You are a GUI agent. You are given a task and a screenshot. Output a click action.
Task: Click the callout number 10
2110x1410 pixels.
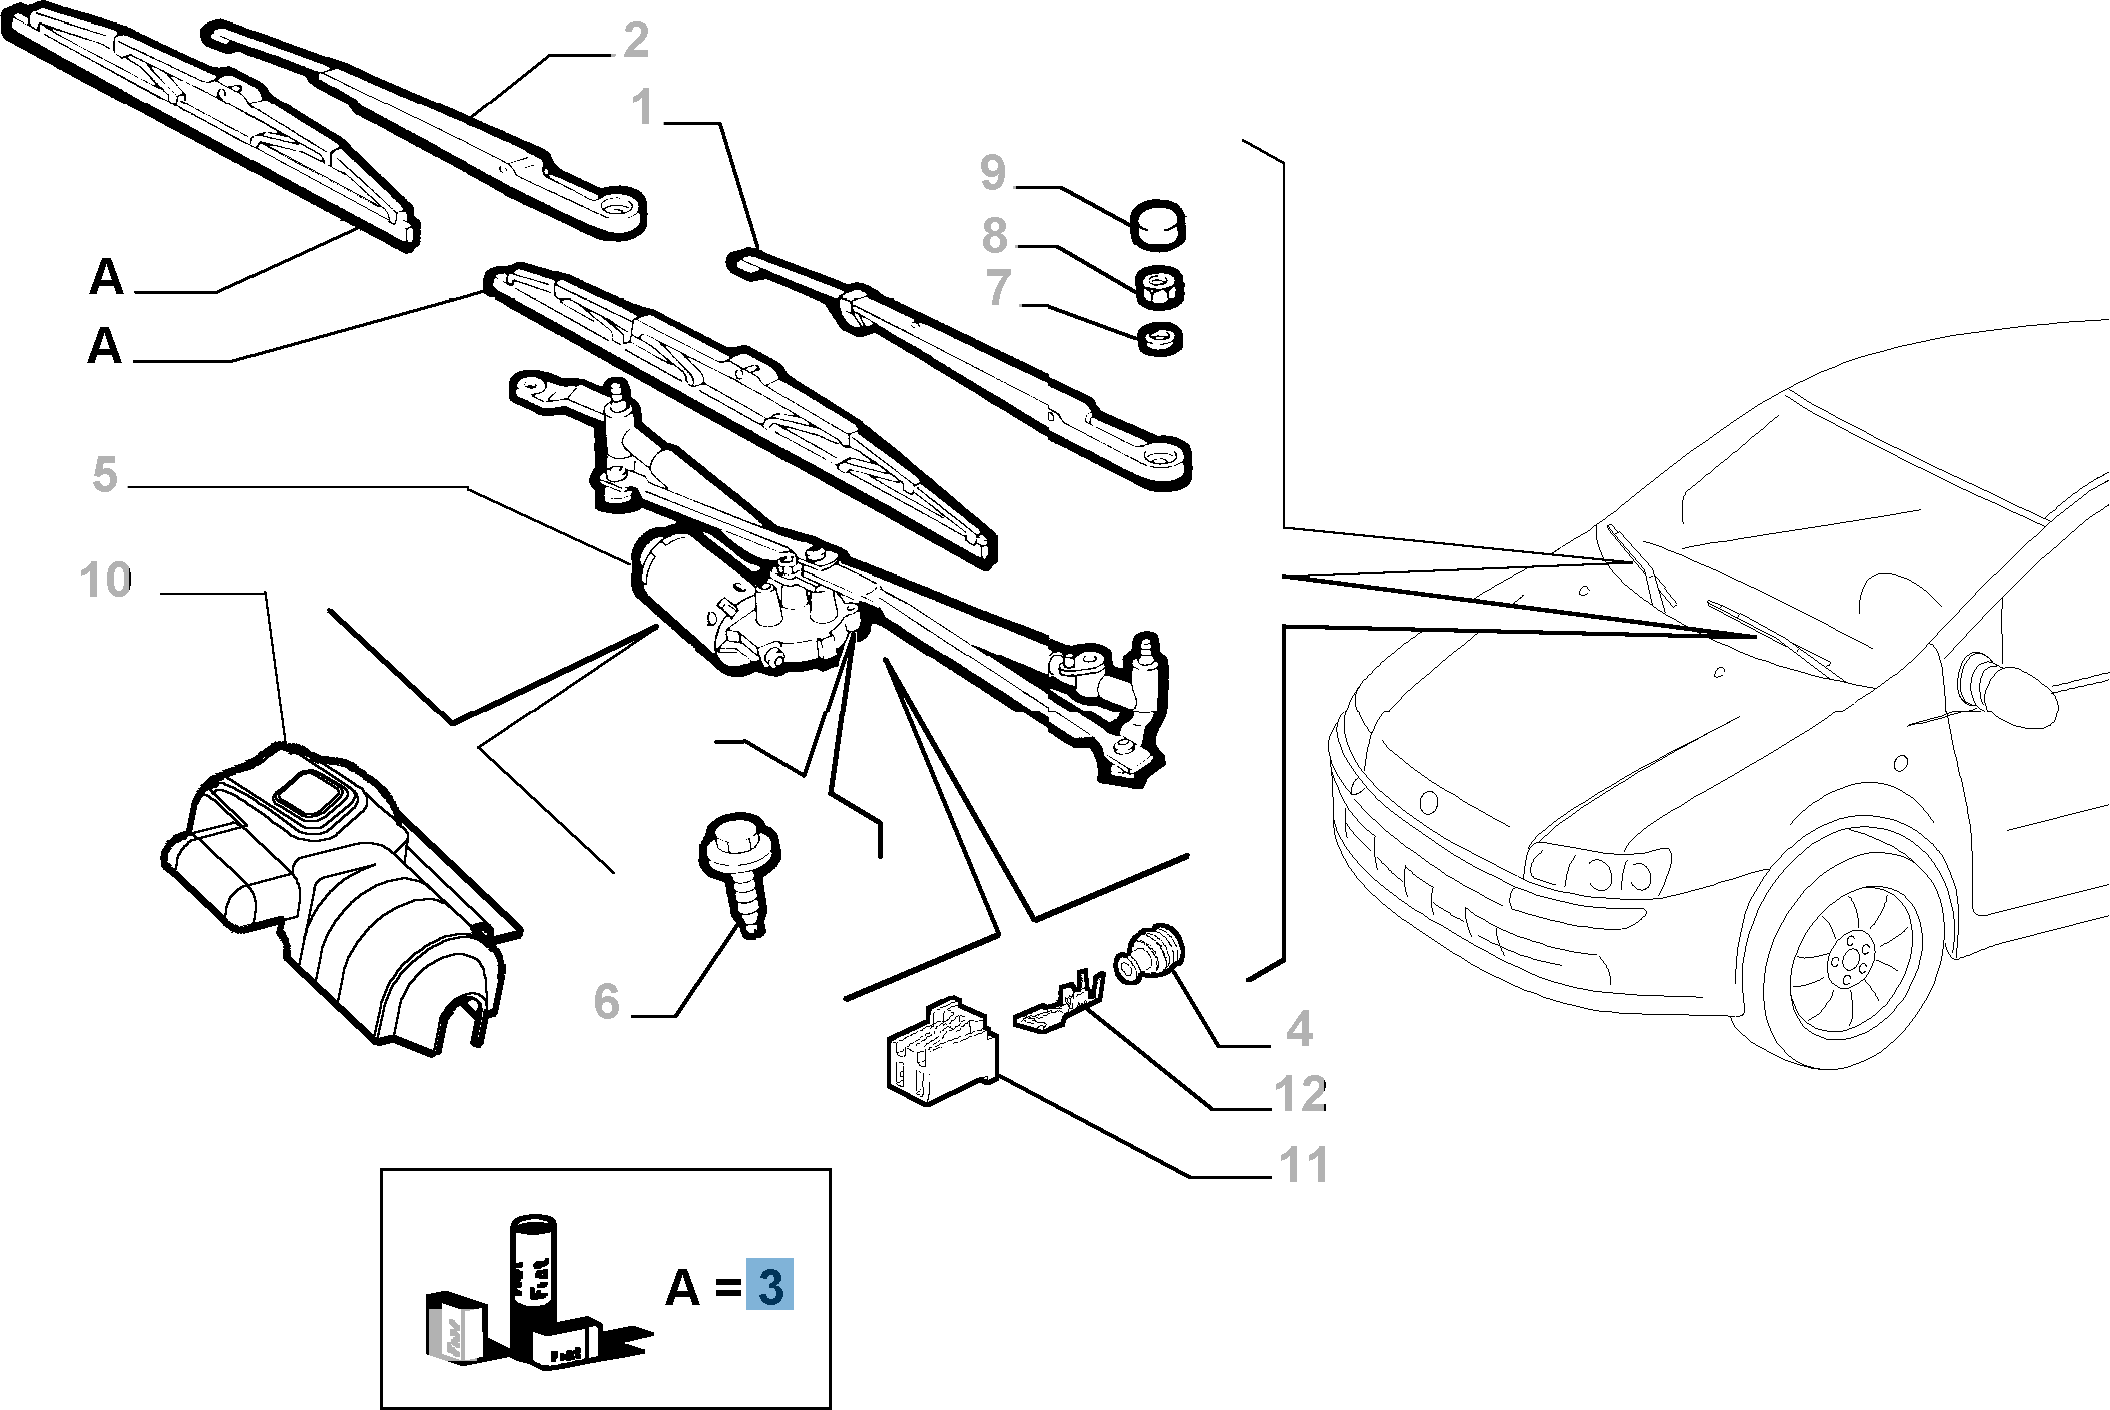(106, 580)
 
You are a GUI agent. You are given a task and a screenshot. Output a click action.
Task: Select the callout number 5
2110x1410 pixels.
(104, 474)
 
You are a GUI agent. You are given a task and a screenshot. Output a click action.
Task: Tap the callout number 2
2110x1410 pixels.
(635, 40)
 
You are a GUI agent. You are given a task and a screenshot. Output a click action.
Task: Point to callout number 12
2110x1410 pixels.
(1300, 1094)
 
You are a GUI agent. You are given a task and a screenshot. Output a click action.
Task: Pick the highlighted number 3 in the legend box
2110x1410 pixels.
(769, 1287)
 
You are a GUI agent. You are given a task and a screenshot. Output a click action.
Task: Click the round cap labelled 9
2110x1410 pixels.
(1158, 227)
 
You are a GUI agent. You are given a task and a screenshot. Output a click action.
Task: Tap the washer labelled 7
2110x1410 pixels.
(1160, 338)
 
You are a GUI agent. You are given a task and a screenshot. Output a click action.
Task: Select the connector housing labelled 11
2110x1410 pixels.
(938, 1053)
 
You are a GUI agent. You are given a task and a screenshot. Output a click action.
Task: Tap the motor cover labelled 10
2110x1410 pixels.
(340, 900)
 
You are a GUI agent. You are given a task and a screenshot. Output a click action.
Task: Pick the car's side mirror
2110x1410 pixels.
(2010, 689)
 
